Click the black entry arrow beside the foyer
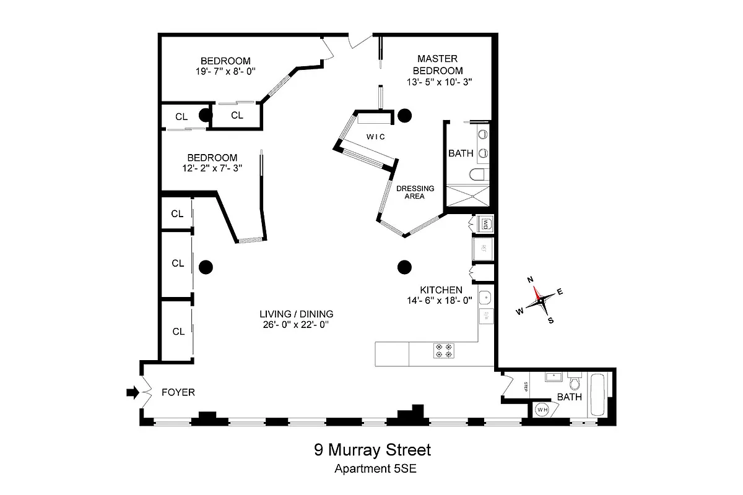tap(131, 392)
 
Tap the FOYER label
tap(178, 392)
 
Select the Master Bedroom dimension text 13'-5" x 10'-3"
tap(440, 81)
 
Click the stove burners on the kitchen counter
tap(445, 351)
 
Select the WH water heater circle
tap(542, 410)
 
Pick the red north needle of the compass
tap(536, 292)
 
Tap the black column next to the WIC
tap(404, 114)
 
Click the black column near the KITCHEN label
tap(404, 267)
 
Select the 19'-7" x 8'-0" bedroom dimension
tap(225, 71)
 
